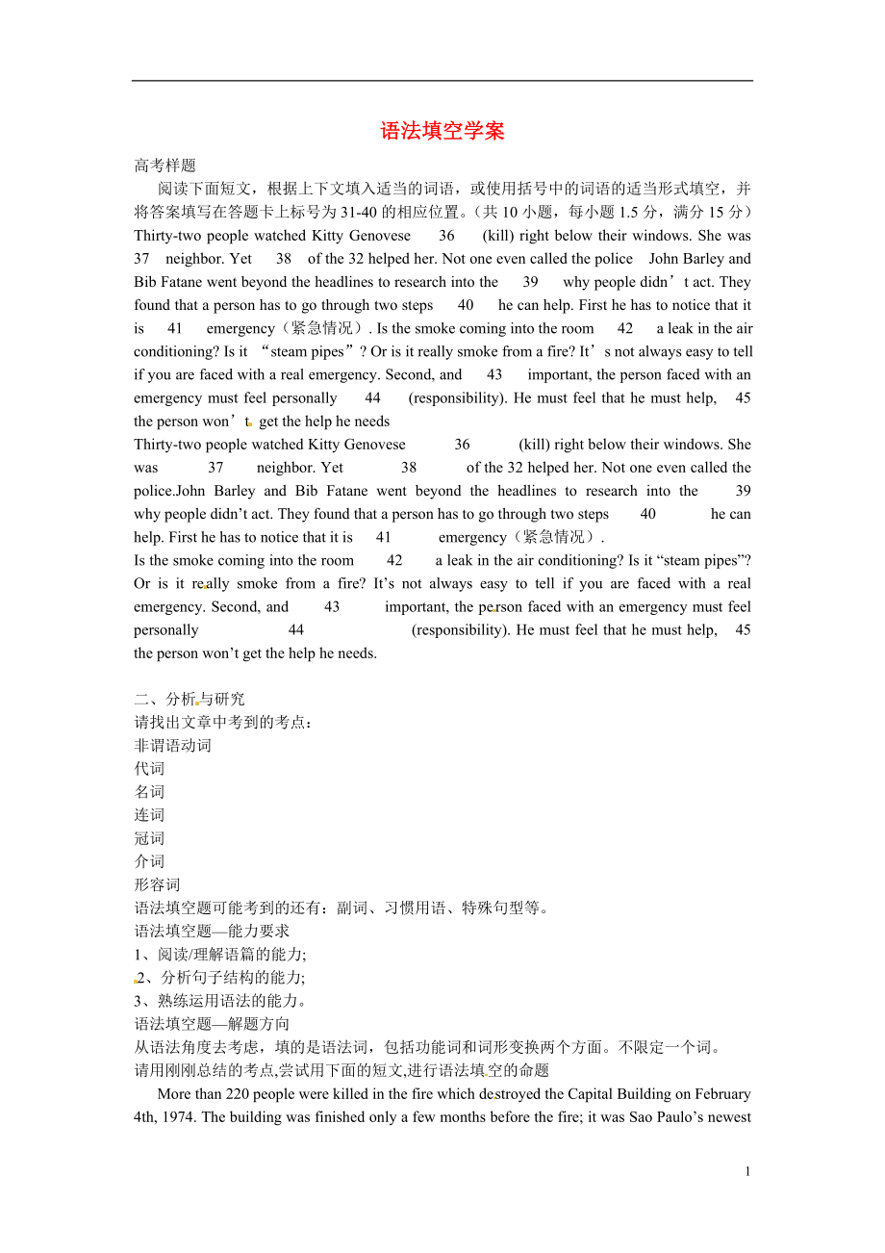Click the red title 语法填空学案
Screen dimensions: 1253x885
click(442, 131)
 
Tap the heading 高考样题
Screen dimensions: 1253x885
click(164, 166)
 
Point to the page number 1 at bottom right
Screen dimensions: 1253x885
click(747, 1171)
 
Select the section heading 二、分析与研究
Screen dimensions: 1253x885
click(190, 699)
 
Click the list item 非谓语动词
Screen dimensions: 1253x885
click(172, 745)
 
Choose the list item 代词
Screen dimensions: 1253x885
click(149, 768)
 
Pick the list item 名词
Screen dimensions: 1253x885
click(149, 791)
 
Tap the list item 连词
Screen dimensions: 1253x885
click(149, 815)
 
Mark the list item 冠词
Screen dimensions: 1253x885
click(149, 838)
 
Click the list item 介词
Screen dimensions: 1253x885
click(149, 861)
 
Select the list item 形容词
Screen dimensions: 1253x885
click(157, 884)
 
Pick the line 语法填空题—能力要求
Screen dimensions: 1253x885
click(212, 931)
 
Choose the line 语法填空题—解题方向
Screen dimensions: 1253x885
click(212, 1024)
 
